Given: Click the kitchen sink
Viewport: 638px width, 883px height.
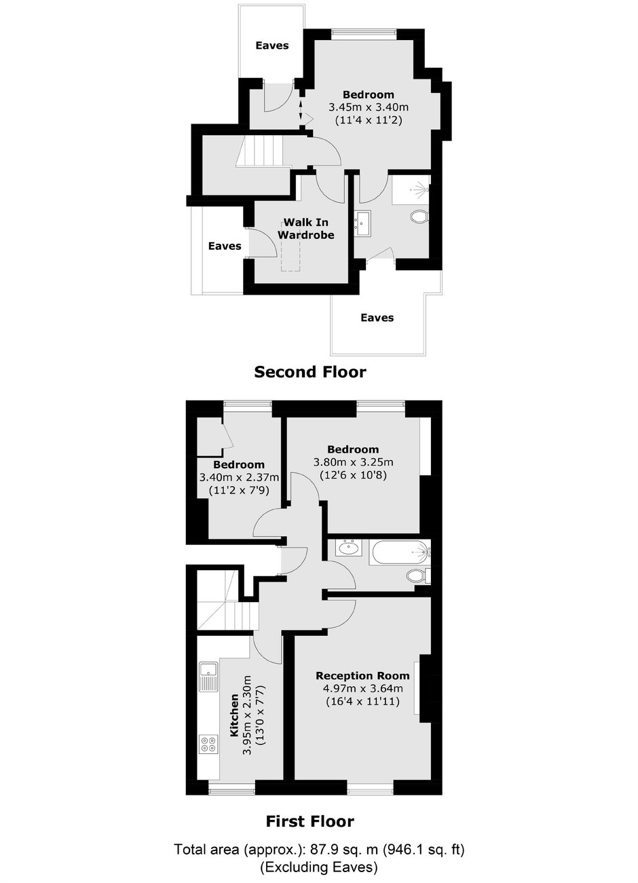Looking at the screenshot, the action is pos(208,677).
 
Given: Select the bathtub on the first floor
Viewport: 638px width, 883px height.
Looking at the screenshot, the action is pos(400,553).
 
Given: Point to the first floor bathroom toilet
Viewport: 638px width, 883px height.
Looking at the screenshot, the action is pos(418,576).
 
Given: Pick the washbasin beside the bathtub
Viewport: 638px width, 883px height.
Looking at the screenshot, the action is pos(349,548).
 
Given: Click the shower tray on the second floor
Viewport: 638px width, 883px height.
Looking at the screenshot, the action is pos(411,189).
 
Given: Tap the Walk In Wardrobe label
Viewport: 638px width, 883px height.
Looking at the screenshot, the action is pos(305,229).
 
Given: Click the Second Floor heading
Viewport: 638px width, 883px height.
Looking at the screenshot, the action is pos(310,372).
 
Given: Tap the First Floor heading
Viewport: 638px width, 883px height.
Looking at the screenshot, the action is pos(310,821).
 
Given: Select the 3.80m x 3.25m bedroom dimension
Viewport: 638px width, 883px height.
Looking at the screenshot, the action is pos(354,462).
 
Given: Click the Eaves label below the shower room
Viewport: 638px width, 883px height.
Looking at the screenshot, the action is pos(377,318).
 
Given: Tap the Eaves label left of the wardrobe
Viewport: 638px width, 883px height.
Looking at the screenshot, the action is pos(225,246).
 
